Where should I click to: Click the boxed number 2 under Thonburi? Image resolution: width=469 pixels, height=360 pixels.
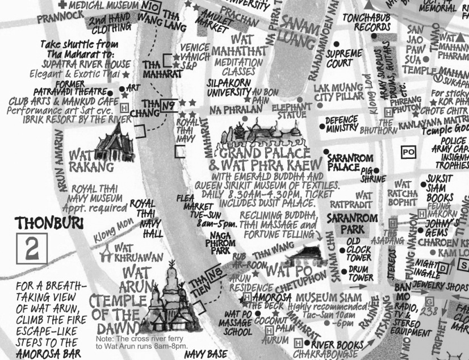point(32,249)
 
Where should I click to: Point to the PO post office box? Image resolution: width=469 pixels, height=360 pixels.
point(408,152)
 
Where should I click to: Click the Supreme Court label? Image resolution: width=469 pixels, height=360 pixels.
point(344,58)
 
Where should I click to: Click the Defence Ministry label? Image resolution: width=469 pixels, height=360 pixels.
point(342,124)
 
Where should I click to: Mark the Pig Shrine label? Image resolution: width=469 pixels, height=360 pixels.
point(370,174)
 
